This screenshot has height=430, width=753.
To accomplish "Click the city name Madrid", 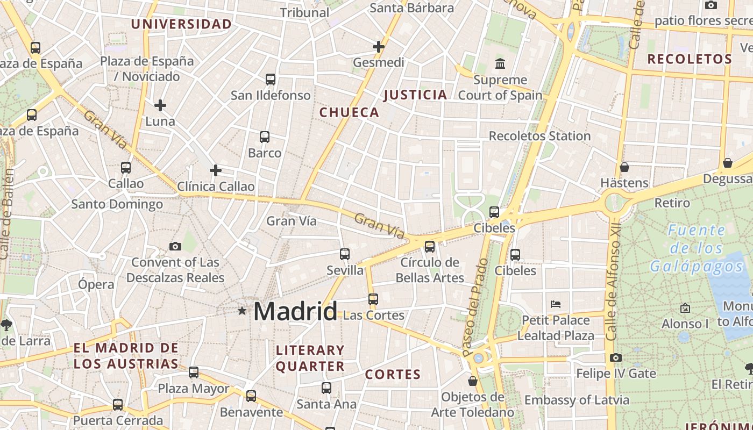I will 295,312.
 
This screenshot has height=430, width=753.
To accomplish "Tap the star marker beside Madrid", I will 242,311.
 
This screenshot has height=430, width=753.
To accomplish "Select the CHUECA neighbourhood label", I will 349,112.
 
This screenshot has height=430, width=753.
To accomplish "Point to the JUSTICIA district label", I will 415,95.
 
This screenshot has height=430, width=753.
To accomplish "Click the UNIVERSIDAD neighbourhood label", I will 181,24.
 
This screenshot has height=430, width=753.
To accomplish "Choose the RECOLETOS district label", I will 690,59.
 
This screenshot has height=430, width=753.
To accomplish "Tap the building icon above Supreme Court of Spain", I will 500,63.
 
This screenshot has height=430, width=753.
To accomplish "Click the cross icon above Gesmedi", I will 379,47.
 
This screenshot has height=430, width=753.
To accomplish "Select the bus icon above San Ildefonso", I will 271,80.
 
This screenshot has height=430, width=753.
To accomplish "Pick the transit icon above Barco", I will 265,137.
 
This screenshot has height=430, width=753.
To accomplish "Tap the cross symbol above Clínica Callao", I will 216,170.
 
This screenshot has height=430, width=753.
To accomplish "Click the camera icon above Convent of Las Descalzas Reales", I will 175,246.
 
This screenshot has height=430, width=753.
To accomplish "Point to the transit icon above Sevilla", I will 345,254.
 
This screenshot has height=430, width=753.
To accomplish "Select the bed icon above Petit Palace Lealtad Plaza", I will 556,304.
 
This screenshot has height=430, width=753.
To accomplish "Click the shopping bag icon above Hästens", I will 624,167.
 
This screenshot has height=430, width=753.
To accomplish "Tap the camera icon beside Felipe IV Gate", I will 616,357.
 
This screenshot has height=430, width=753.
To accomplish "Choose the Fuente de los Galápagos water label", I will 696,248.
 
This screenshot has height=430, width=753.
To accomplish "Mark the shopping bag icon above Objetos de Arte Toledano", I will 473,381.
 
